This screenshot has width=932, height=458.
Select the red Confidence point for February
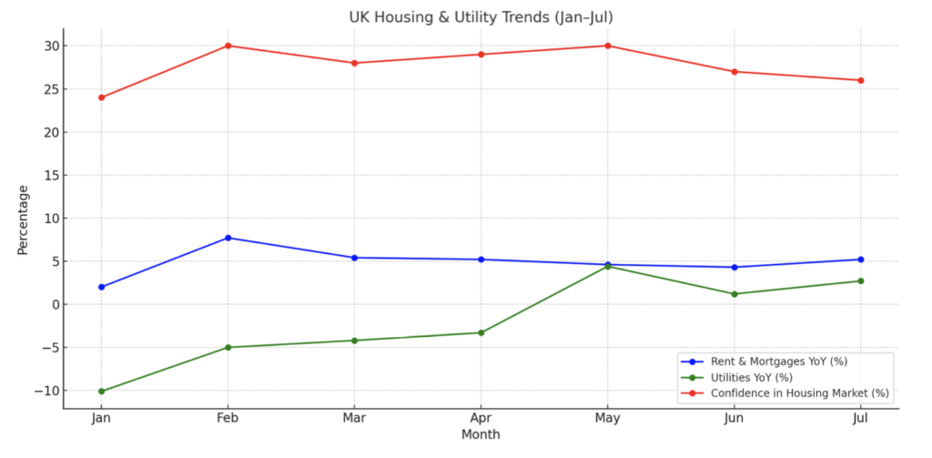(x=228, y=46)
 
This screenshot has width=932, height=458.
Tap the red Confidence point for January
(x=101, y=97)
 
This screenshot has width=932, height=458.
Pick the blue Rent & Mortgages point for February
(x=228, y=238)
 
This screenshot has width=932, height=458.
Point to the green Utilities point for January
(x=101, y=392)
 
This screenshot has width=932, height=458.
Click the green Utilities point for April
(x=481, y=332)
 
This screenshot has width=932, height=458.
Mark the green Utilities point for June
(x=734, y=294)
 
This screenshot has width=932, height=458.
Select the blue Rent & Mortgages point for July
(x=860, y=260)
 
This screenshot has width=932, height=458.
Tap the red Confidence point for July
(x=860, y=80)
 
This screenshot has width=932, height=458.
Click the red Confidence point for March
(x=354, y=63)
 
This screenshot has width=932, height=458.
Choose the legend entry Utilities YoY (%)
(x=751, y=378)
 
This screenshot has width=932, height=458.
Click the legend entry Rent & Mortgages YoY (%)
(x=778, y=361)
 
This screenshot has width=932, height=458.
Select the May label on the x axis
(x=607, y=417)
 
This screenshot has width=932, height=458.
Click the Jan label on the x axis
(x=101, y=417)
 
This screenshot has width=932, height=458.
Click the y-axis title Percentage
(x=23, y=219)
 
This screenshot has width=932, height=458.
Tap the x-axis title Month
(x=481, y=435)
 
